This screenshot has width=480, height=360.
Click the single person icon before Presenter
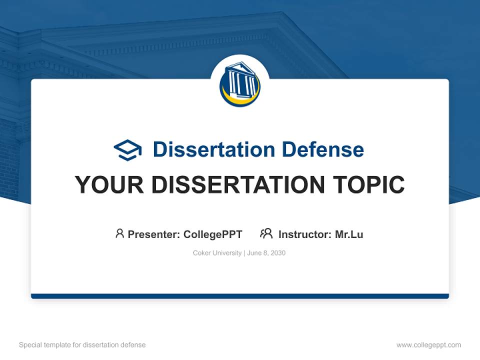tap(119, 233)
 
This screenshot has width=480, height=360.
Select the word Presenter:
tap(154, 234)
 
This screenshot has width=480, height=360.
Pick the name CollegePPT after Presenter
tap(213, 234)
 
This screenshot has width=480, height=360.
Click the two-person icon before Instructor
tap(266, 233)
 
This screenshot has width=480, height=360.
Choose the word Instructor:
tap(305, 234)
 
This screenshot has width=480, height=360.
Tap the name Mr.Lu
tap(349, 234)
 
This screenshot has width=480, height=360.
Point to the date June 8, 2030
tap(266, 253)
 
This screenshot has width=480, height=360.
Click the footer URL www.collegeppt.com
tap(428, 345)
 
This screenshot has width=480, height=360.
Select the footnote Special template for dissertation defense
tap(82, 345)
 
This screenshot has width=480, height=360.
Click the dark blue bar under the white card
tap(240, 296)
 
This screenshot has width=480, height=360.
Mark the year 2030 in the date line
tap(277, 253)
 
